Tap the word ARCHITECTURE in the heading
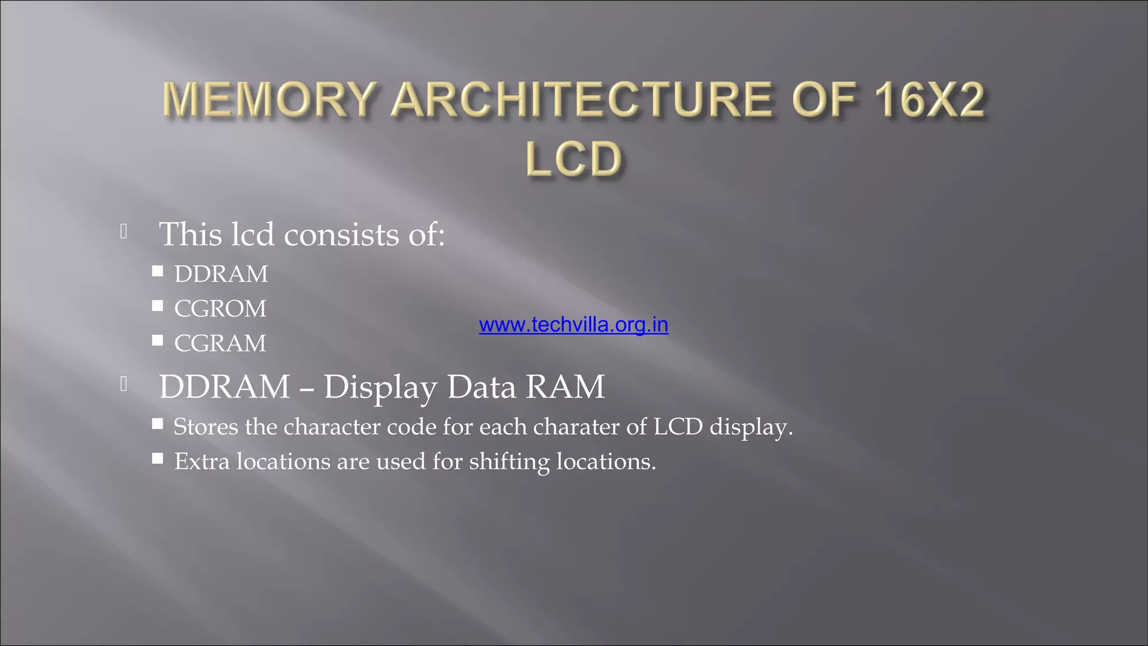tap(581, 100)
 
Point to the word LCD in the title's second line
tap(574, 159)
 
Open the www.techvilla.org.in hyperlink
tap(573, 325)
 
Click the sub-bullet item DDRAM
tap(221, 274)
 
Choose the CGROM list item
tap(220, 309)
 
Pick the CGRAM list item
tap(220, 343)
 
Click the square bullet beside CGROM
tap(158, 306)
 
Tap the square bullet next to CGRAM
tap(158, 340)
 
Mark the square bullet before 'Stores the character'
tap(158, 424)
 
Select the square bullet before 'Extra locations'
tap(158, 459)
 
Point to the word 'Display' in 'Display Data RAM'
tap(380, 387)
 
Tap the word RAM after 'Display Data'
tap(565, 387)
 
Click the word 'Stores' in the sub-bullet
tap(206, 427)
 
